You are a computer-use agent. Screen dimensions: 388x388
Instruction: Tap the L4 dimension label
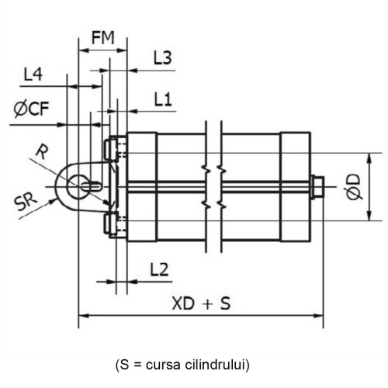point(33,75)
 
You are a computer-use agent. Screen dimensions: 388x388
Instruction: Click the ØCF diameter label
point(32,108)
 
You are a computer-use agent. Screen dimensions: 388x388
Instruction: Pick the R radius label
point(43,151)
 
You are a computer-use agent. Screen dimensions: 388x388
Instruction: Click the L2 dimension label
point(158,268)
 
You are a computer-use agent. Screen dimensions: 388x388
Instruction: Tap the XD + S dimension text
point(200,303)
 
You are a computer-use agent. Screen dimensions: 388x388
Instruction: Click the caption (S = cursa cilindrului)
point(193,362)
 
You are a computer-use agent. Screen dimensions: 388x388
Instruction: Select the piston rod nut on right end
point(317,186)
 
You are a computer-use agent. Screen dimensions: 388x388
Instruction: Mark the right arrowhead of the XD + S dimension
point(319,316)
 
